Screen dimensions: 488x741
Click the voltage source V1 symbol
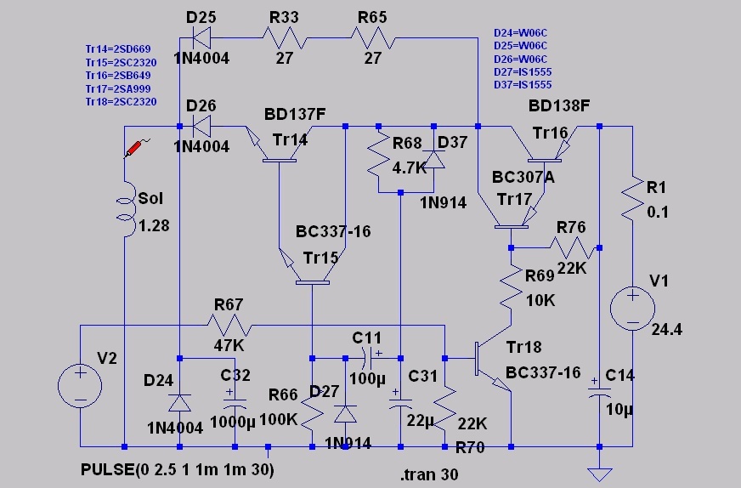tap(633, 308)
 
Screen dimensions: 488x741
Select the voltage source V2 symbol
tap(80, 386)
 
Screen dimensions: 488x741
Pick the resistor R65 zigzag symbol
tap(373, 37)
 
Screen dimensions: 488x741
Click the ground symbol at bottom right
tap(600, 473)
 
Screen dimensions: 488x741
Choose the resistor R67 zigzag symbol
tap(229, 324)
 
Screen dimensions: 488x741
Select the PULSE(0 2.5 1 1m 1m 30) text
tap(178, 469)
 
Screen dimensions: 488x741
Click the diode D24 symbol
tap(179, 401)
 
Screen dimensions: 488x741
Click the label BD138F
tap(558, 106)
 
